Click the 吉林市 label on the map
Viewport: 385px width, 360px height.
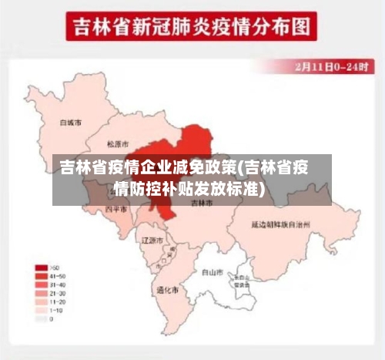click(201, 202)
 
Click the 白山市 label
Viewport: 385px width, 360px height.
click(212, 271)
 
